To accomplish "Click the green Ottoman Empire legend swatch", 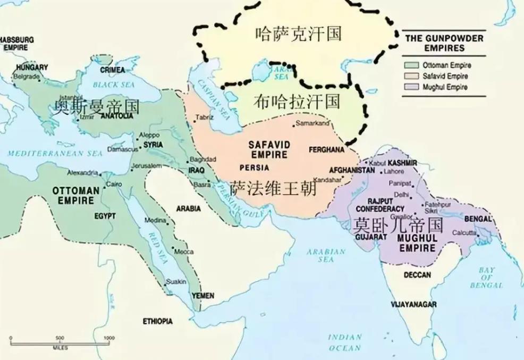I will [411, 65].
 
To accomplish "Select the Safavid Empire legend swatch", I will [411, 76].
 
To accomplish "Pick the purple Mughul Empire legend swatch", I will [411, 87].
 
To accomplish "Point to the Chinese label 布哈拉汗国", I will [297, 101].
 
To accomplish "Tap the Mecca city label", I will [184, 252].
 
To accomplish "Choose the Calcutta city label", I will [464, 233].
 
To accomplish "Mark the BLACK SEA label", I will [114, 84].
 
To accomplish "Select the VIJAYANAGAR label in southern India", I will [413, 304].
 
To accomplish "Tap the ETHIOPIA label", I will [158, 321].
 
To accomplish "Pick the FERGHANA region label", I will [326, 149].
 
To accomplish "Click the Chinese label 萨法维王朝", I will [273, 188].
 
